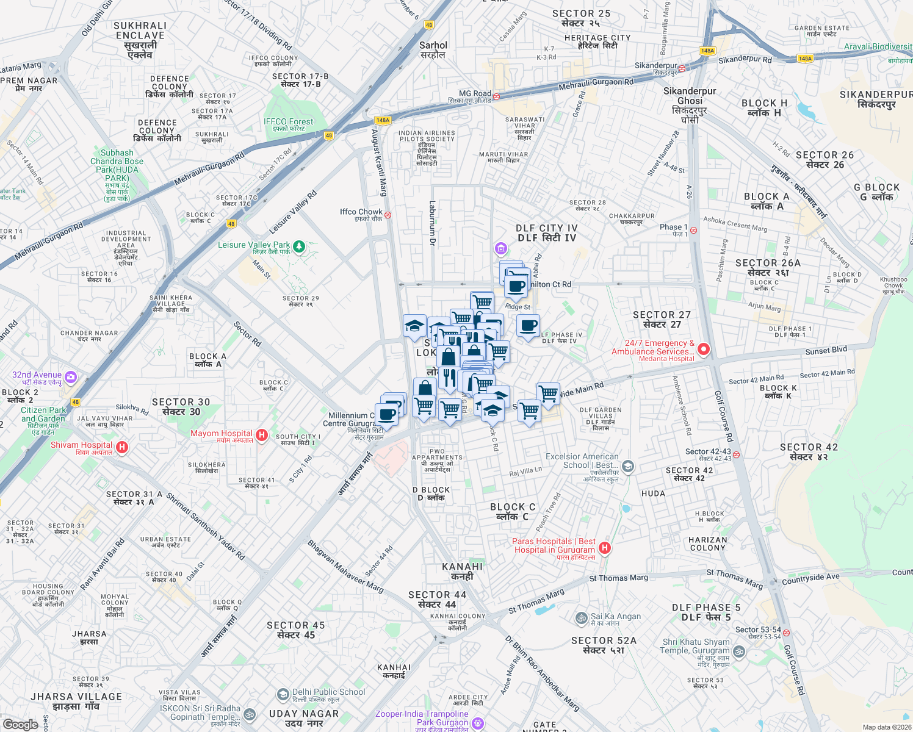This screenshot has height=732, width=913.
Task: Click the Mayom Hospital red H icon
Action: [262, 434]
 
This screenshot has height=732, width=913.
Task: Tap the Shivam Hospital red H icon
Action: [122, 448]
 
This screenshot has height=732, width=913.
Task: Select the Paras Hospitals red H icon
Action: [604, 547]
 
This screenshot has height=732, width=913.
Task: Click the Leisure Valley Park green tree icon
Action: [299, 246]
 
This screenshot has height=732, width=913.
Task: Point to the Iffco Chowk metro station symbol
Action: [388, 215]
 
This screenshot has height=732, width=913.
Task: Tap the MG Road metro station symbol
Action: [497, 96]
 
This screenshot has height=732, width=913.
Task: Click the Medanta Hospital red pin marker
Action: [704, 350]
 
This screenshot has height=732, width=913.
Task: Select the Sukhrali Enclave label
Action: [140, 40]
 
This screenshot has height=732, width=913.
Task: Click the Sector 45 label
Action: [296, 630]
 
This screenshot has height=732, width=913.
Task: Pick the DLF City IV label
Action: [547, 232]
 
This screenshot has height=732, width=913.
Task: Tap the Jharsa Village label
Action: [76, 701]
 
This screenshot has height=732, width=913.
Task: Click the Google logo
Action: [21, 724]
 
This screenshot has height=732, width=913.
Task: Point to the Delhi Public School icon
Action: [283, 694]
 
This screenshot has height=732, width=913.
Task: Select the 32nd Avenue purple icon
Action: [71, 377]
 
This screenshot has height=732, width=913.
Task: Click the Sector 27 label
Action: [662, 319]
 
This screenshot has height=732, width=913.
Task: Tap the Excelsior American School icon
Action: [628, 467]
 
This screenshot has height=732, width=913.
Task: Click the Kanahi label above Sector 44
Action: [462, 571]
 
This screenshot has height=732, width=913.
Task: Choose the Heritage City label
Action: [597, 41]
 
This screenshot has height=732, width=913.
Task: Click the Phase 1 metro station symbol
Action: [693, 230]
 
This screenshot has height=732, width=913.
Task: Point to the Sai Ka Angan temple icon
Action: [582, 618]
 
